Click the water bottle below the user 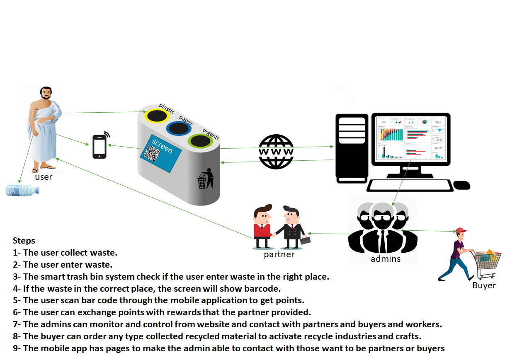pos(22,191)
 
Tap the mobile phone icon pos(99,147)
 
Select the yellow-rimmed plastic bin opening pos(157,116)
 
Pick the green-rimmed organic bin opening pos(200,141)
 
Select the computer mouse pos(461,185)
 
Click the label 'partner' pos(279,254)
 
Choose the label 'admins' pos(385,259)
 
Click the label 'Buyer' pos(484,285)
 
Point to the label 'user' pos(44,177)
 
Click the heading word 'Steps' pos(24,241)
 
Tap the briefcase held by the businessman pos(305,240)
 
